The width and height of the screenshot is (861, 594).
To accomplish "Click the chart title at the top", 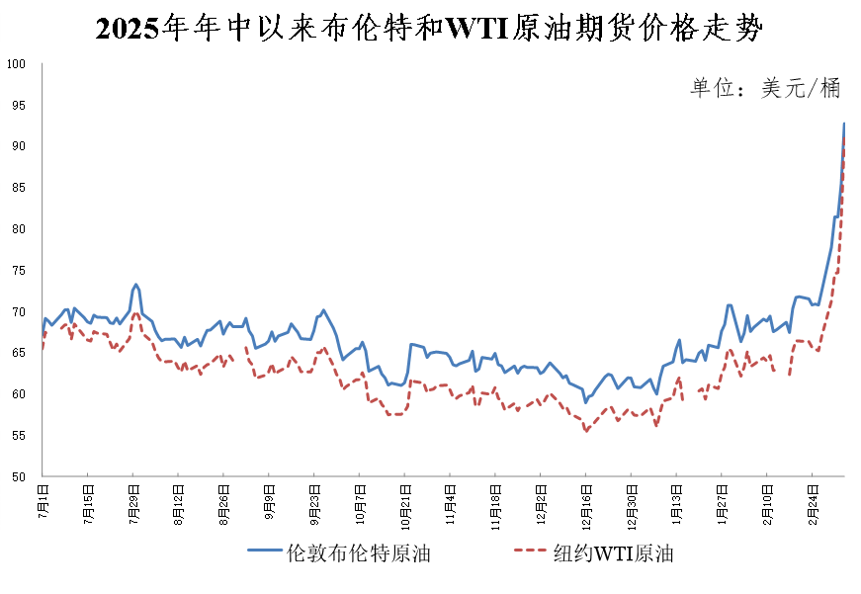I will (430, 29).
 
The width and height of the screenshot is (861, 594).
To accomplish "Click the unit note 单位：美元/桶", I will (765, 88).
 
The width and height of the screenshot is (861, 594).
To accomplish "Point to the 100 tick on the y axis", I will (17, 64).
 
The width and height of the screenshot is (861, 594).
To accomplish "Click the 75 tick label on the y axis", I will (17, 271).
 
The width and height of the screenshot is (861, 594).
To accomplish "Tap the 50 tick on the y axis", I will (17, 477).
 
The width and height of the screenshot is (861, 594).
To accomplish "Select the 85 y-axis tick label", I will (17, 188).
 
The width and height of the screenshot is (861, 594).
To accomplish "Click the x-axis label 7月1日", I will (43, 499).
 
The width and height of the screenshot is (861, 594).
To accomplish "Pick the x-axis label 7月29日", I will (133, 501).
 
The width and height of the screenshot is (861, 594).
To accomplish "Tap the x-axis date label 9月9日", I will (269, 499).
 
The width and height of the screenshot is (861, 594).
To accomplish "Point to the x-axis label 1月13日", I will (677, 501).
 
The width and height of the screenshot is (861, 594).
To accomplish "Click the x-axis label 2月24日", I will (813, 501).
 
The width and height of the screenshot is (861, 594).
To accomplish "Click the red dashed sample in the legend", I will (535, 552).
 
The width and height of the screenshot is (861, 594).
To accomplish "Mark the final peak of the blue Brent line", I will (844, 124).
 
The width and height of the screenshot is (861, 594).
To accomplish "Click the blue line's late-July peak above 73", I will (135, 285).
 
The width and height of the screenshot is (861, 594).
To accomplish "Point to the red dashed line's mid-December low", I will (586, 431).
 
